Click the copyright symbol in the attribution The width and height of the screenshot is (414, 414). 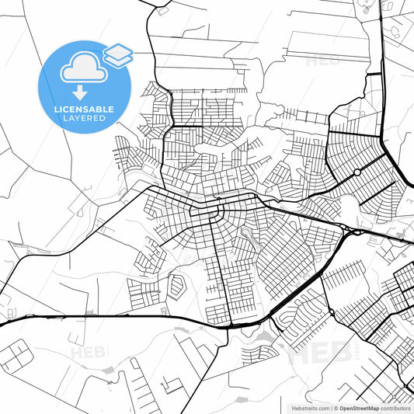click(x=334, y=407)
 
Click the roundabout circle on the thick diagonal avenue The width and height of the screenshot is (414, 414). click(x=357, y=172)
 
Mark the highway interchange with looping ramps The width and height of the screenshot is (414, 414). click(x=350, y=228)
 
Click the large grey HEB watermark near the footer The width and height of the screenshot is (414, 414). click(x=318, y=352)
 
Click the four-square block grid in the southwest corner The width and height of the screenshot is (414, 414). click(x=16, y=357)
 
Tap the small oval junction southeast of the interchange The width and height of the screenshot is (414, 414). click(x=332, y=312)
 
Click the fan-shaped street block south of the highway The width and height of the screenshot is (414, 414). click(x=295, y=311)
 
